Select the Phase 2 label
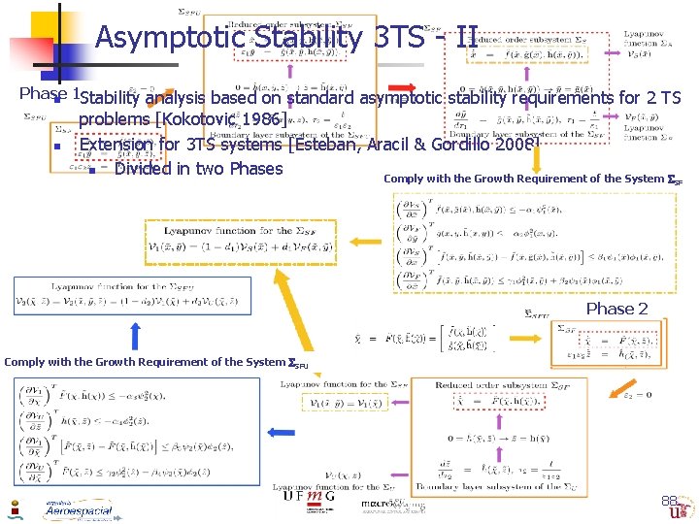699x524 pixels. click(x=616, y=309)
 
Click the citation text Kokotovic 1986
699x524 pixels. click(x=222, y=119)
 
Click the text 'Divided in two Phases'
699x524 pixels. click(x=198, y=169)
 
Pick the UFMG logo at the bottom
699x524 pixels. click(x=305, y=496)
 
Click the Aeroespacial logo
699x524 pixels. click(x=78, y=509)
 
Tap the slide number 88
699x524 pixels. click(x=669, y=501)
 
